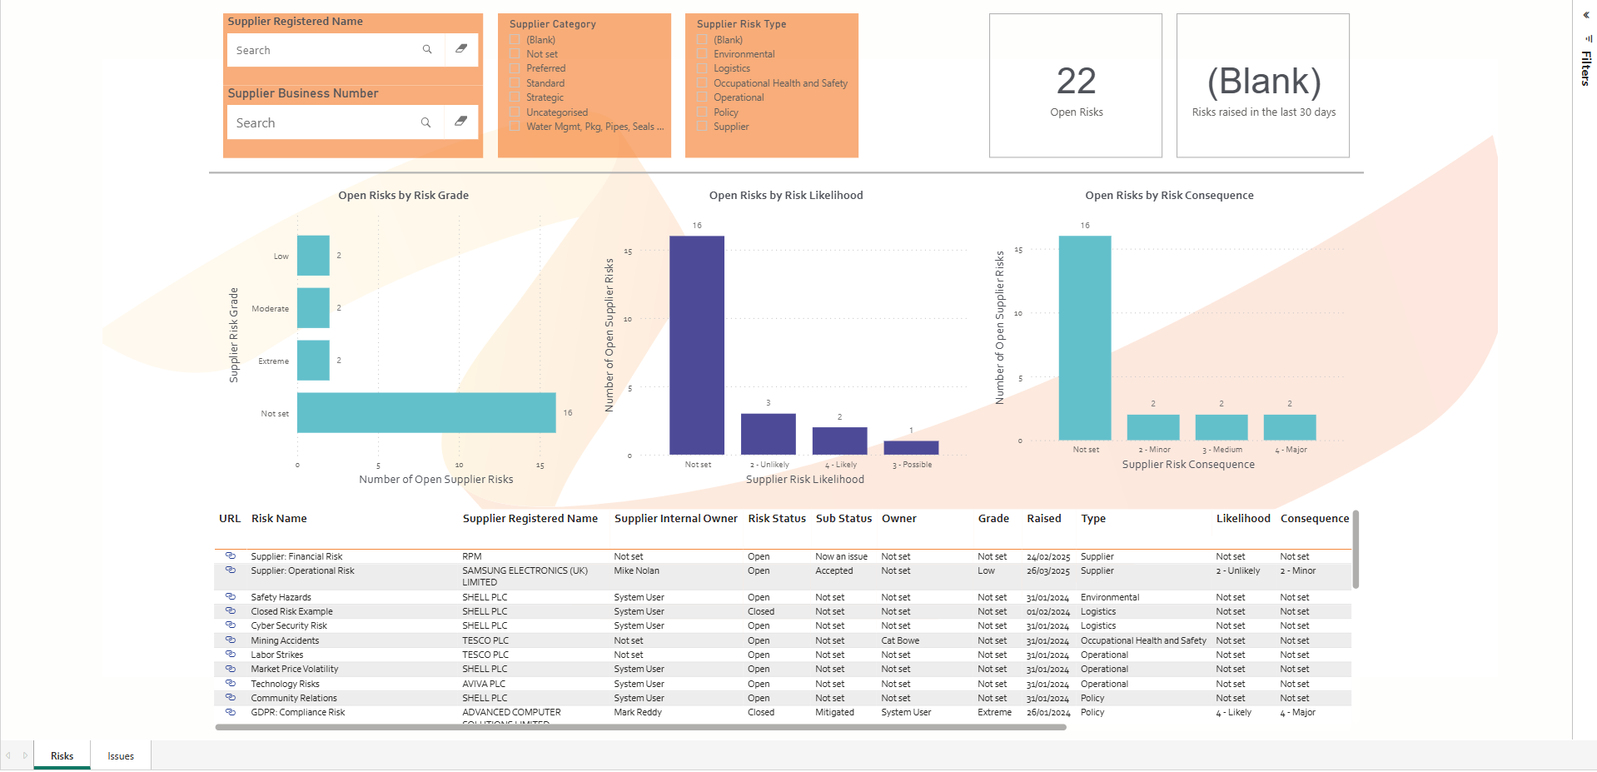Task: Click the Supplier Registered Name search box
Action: click(325, 50)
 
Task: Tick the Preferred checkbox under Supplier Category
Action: click(515, 68)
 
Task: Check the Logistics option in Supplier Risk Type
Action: click(703, 68)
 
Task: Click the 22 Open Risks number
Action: click(1076, 82)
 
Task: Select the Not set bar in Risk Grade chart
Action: click(425, 413)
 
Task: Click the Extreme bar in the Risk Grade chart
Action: click(313, 361)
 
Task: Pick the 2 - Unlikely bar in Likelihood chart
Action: click(768, 434)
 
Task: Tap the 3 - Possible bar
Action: click(911, 447)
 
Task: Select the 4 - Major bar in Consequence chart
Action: click(1289, 427)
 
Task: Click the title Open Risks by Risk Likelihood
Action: click(786, 196)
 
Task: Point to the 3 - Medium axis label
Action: click(1221, 450)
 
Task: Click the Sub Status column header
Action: click(843, 519)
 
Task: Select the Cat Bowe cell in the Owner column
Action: click(900, 641)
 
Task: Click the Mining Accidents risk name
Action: click(285, 641)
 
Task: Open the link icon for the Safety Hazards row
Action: click(231, 597)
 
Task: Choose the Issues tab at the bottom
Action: click(121, 756)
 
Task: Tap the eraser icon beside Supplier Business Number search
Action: click(460, 122)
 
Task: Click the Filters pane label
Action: click(1586, 68)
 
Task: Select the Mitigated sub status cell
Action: click(834, 713)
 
